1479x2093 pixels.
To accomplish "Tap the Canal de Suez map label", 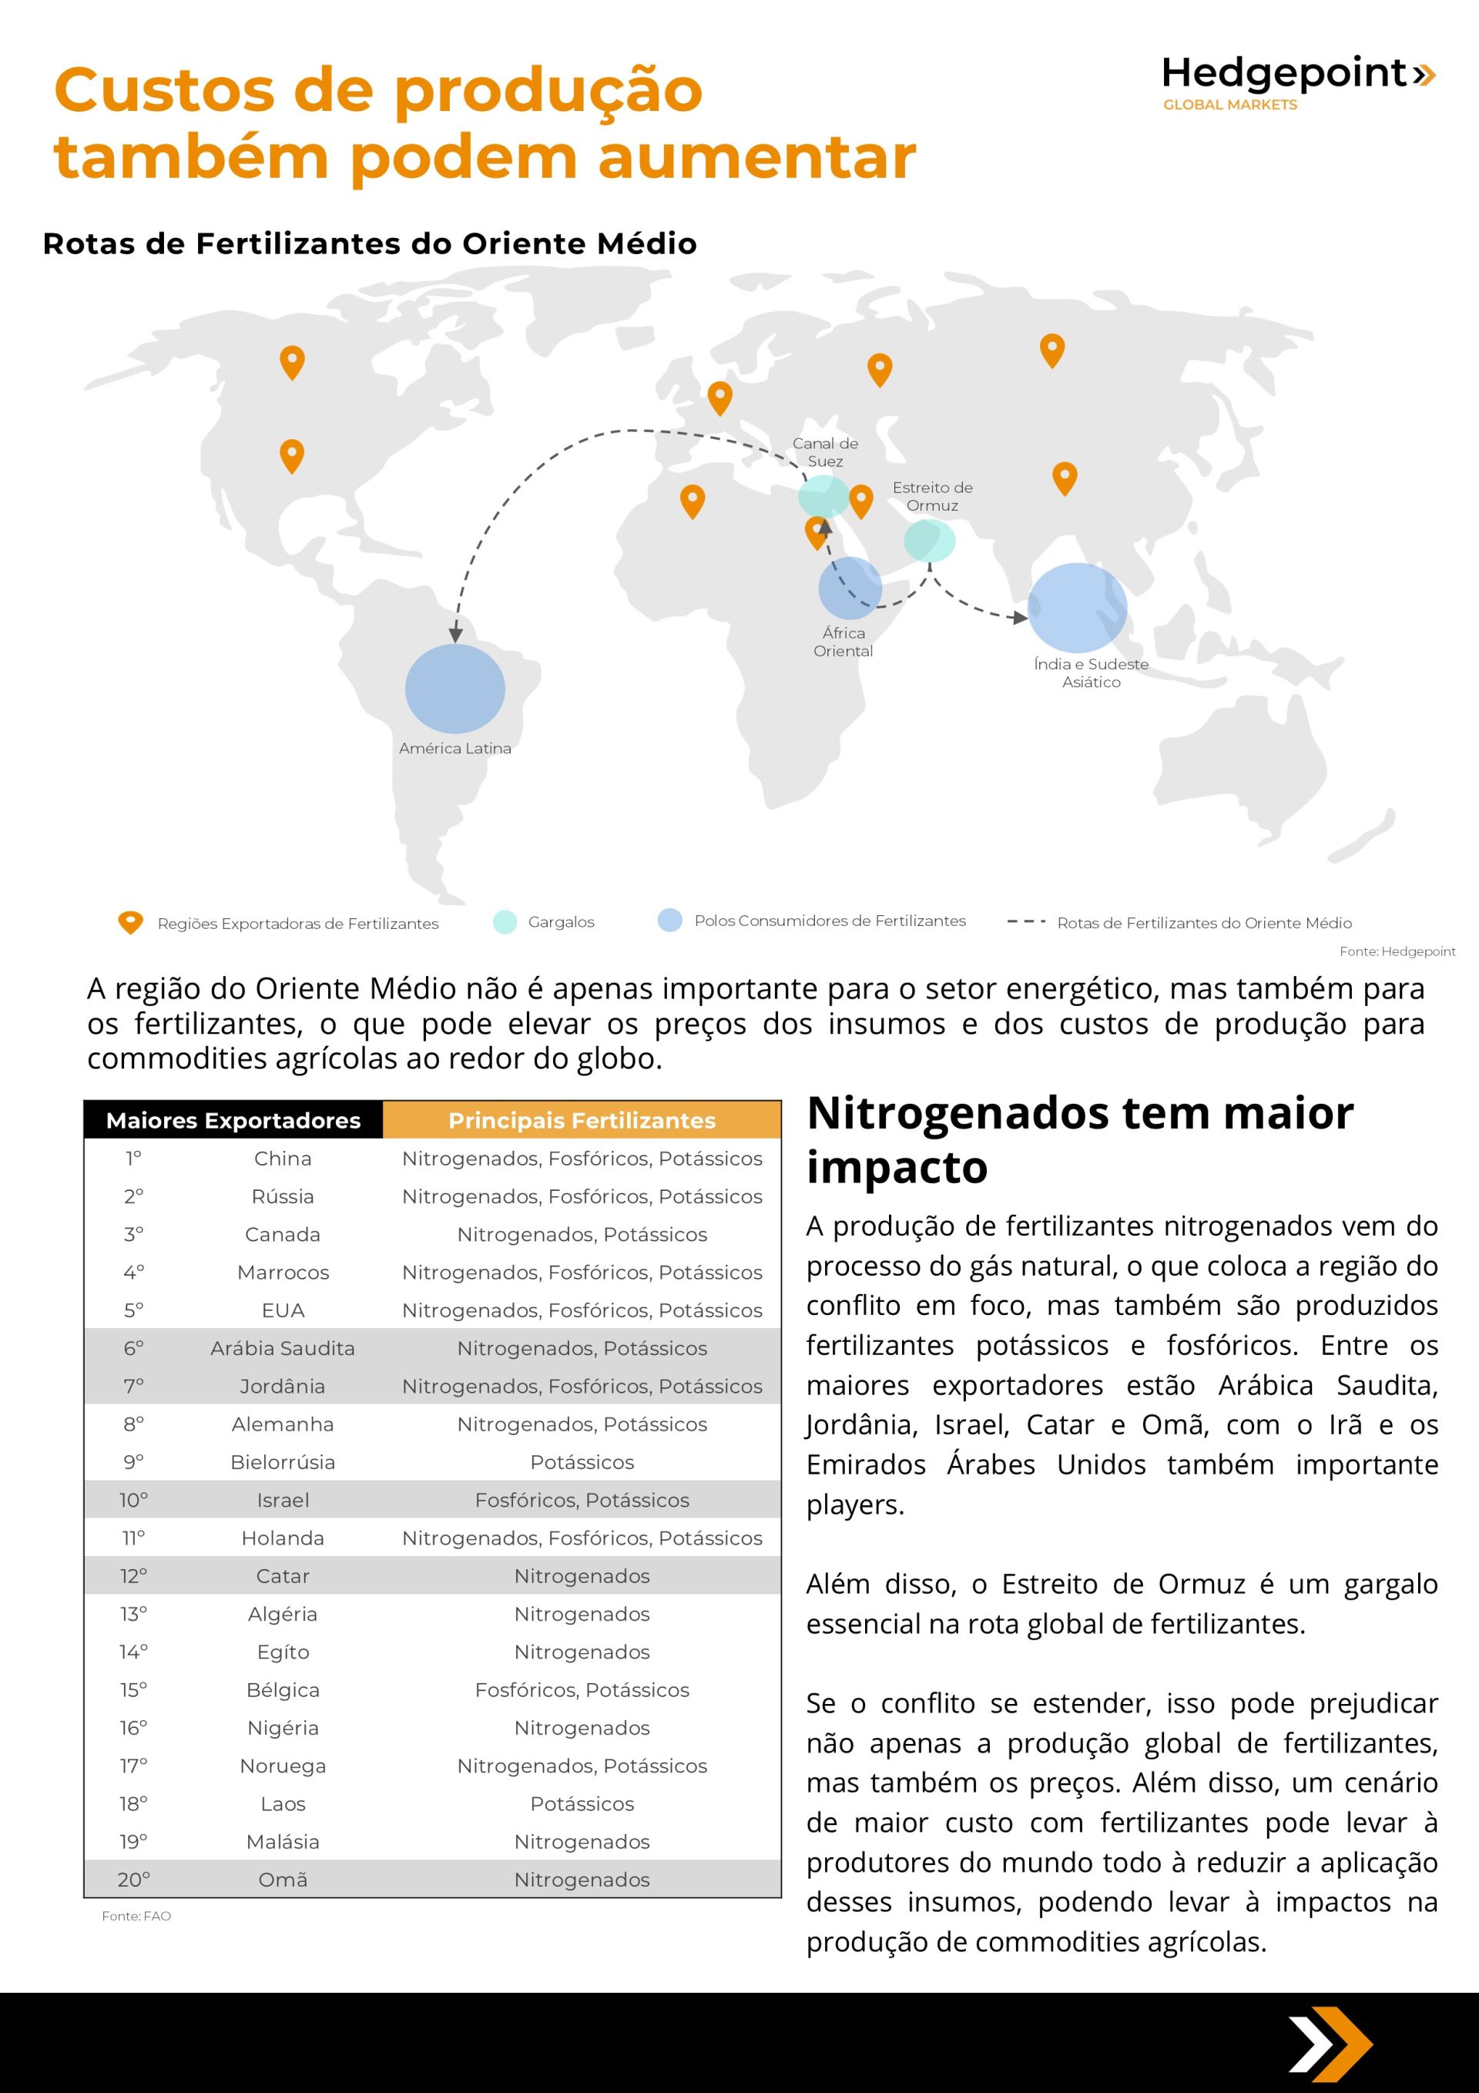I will coord(824,452).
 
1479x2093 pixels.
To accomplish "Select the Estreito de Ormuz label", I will coord(932,496).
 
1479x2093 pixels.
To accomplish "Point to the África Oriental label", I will coord(843,642).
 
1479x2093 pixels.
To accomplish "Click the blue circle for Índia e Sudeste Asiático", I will coord(1077,607).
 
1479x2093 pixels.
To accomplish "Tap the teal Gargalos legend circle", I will coord(505,921).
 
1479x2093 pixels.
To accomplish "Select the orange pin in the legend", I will coord(130,923).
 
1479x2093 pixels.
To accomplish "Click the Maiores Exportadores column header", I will coord(233,1120).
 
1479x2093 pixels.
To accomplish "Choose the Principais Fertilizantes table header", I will coord(582,1120).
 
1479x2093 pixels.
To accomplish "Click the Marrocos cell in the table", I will coord(283,1272).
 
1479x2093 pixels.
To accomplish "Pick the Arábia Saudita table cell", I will coord(283,1348).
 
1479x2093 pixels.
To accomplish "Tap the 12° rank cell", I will coord(134,1576).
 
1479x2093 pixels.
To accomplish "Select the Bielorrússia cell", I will coord(283,1462).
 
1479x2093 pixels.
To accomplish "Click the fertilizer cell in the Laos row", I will coord(582,1804).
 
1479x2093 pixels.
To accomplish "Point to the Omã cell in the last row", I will coord(283,1880).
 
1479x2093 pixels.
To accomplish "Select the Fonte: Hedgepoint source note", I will coord(1397,951).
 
